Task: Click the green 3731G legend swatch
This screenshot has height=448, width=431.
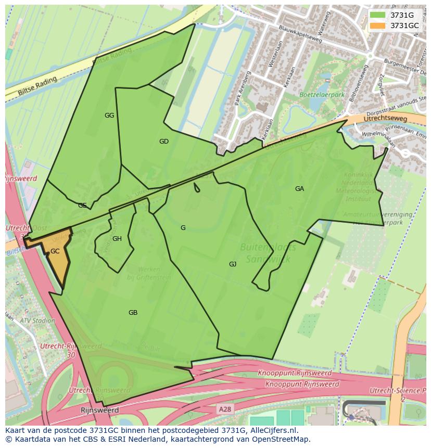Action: (x=377, y=15)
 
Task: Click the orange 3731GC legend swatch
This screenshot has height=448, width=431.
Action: (x=377, y=25)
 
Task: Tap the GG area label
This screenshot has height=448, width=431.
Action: (x=109, y=116)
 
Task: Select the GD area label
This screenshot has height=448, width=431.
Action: (x=164, y=142)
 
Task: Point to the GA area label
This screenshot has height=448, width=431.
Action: (x=299, y=189)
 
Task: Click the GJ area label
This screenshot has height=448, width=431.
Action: (x=233, y=264)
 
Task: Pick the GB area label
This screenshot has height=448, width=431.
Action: (x=133, y=313)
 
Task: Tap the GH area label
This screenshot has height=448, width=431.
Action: (x=117, y=239)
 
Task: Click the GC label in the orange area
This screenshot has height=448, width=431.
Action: (x=55, y=251)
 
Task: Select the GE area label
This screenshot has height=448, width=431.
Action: (x=82, y=206)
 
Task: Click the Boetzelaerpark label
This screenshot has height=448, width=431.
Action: (x=322, y=95)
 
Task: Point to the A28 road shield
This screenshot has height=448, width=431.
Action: (x=225, y=409)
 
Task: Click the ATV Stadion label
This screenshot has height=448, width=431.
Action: (x=37, y=321)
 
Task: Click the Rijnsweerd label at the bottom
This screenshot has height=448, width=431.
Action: (x=100, y=410)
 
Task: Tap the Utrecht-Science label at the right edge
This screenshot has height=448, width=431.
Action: (x=397, y=390)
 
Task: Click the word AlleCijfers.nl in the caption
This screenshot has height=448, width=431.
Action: (x=273, y=430)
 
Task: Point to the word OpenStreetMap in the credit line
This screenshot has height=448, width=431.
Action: (x=279, y=439)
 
